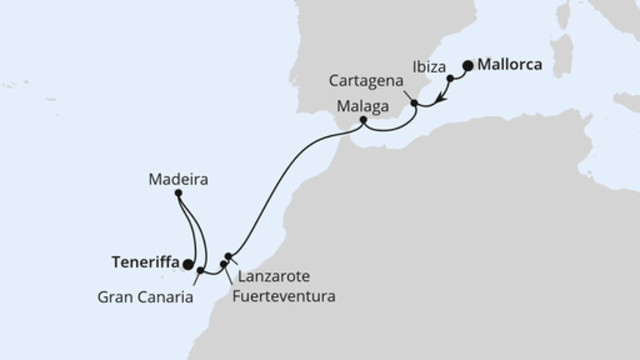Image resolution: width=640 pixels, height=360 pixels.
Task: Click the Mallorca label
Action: tap(510, 66)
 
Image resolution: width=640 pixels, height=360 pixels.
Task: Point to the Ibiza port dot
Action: tap(450, 78)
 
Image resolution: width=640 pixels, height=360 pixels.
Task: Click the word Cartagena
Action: tap(361, 82)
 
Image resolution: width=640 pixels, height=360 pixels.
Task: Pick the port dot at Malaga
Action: tap(363, 121)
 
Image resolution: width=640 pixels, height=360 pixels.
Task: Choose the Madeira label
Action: tap(178, 180)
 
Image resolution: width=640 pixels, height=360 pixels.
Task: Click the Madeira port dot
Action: tap(178, 194)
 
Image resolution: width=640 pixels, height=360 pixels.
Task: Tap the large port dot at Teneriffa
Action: tap(187, 264)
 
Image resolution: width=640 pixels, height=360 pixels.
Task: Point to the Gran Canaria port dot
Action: tap(200, 270)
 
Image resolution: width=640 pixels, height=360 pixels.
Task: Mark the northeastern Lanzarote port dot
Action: tap(229, 257)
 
